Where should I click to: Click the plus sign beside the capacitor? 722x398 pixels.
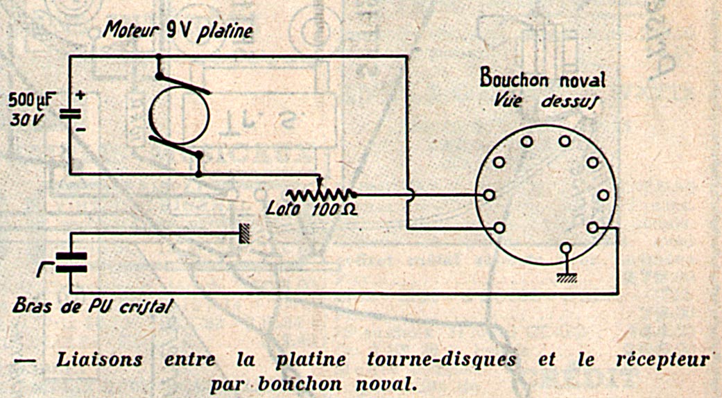(81, 96)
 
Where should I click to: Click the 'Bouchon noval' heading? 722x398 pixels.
(542, 79)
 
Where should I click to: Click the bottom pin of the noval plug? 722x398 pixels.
(566, 248)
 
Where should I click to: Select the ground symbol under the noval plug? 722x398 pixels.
(566, 277)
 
